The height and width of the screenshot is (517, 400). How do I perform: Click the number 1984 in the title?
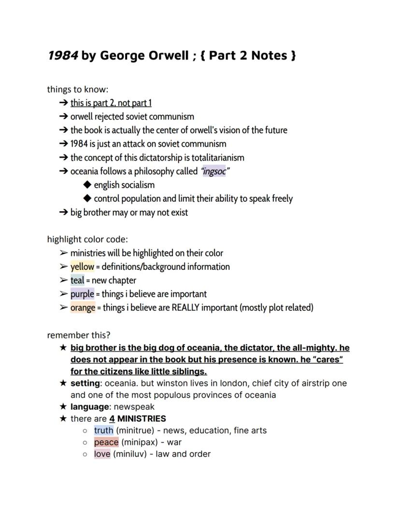pos(62,56)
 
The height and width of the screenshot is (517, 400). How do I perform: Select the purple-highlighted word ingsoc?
pos(214,171)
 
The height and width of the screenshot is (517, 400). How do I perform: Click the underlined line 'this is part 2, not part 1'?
pos(111,103)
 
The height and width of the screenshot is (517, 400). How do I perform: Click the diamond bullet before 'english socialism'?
pos(87,185)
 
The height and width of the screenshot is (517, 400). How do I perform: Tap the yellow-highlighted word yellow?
pos(82,266)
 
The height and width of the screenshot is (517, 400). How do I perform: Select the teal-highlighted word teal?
pos(77,280)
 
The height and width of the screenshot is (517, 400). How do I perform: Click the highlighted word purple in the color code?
pos(82,294)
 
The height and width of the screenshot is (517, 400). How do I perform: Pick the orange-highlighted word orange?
pos(83,307)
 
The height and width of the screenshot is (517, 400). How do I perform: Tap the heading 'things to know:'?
pos(78,89)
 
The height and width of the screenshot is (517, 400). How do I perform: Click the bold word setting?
pos(85,383)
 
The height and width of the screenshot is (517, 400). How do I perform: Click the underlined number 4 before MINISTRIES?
pos(112,419)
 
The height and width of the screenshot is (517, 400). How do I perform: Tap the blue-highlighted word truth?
pos(103,430)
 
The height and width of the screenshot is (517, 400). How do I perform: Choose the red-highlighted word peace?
pos(106,442)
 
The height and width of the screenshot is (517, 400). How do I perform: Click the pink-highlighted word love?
pos(102,454)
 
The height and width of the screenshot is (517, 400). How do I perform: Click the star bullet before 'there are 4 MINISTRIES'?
pos(63,419)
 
